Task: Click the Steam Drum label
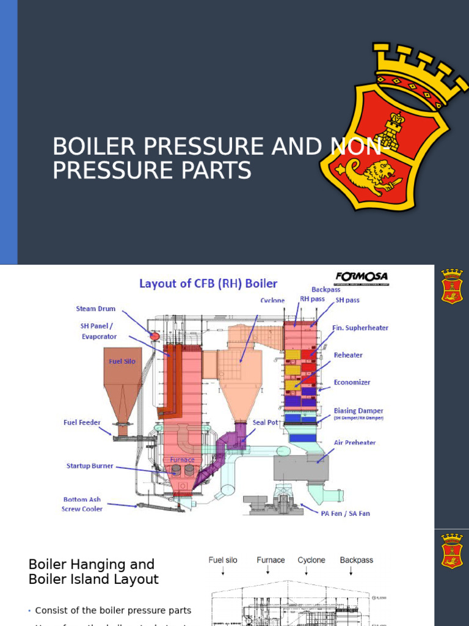pyautogui.click(x=95, y=309)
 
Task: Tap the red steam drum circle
pyautogui.click(x=155, y=336)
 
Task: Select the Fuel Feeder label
pyautogui.click(x=82, y=422)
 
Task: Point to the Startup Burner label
pyautogui.click(x=90, y=466)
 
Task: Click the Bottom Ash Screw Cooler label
pyautogui.click(x=82, y=504)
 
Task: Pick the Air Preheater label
pyautogui.click(x=355, y=443)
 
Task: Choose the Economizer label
pyautogui.click(x=352, y=382)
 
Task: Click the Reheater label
pyautogui.click(x=348, y=355)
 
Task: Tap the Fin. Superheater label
pyautogui.click(x=360, y=328)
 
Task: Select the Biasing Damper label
pyautogui.click(x=358, y=411)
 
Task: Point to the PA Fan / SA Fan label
pyautogui.click(x=345, y=514)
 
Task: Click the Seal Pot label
pyautogui.click(x=265, y=422)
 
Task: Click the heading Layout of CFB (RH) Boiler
pyautogui.click(x=208, y=284)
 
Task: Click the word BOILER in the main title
pyautogui.click(x=91, y=147)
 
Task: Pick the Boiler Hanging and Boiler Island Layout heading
pyautogui.click(x=93, y=572)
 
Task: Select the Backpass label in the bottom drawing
pyautogui.click(x=356, y=560)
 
